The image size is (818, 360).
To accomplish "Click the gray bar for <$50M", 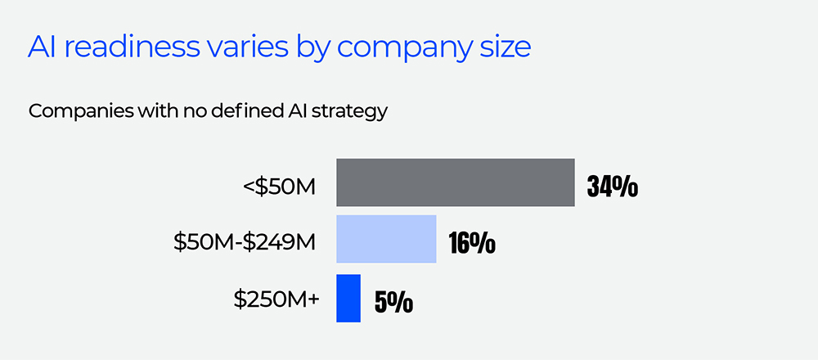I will click(456, 182).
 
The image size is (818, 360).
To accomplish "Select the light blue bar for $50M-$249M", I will click(386, 239).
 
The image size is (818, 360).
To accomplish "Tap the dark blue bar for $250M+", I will click(348, 298).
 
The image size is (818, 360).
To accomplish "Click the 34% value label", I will click(613, 187).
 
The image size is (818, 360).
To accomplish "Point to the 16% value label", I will click(472, 243).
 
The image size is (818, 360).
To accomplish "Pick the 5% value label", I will click(393, 303).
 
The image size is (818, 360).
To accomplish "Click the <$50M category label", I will click(279, 186).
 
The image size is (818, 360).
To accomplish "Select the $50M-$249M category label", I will click(245, 242).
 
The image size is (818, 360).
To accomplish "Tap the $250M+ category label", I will click(276, 299).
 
